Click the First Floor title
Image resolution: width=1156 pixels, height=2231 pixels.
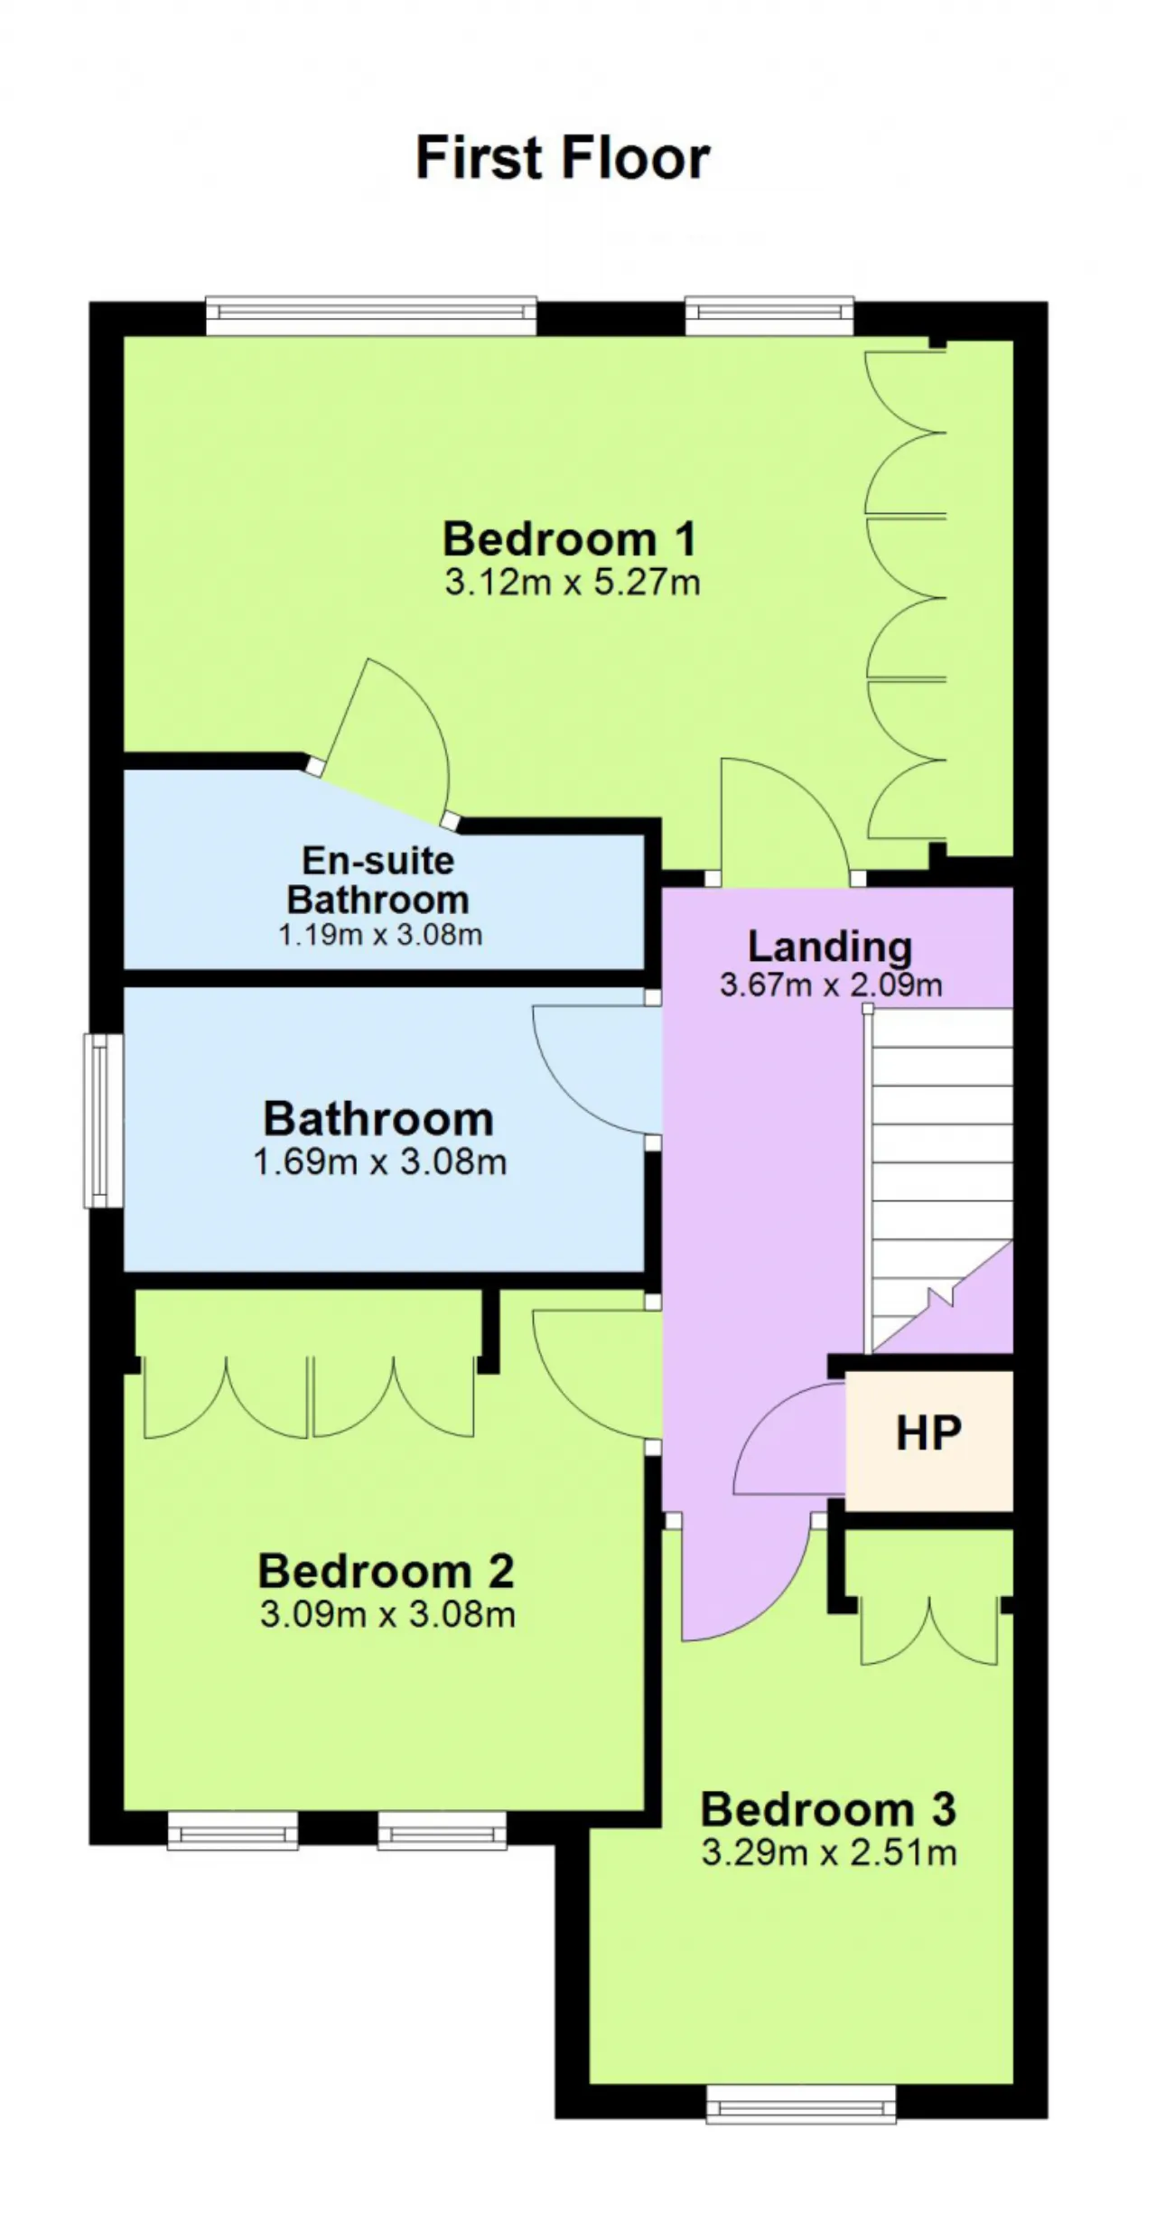[x=563, y=158]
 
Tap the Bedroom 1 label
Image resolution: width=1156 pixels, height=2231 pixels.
[x=570, y=538]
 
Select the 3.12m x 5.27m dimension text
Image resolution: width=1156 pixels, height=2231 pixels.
[x=573, y=583]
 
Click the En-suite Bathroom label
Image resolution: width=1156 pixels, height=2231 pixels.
[x=378, y=880]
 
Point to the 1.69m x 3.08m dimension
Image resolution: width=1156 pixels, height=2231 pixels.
[x=379, y=1162]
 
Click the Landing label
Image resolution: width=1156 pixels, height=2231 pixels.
[x=830, y=947]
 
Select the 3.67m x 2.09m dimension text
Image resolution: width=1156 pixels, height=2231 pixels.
[x=831, y=985]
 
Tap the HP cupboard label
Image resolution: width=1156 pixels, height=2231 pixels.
[x=928, y=1433]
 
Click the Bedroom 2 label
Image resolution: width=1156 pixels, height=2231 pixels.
[x=387, y=1571]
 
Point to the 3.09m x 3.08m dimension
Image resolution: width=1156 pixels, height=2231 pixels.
[x=387, y=1614]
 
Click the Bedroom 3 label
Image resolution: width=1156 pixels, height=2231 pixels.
[x=828, y=1809]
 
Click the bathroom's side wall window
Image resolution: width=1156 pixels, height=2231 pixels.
[x=104, y=1120]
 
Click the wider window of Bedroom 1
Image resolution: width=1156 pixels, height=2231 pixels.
[x=371, y=315]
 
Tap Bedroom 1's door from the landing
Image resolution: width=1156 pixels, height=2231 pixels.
[x=784, y=817]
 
